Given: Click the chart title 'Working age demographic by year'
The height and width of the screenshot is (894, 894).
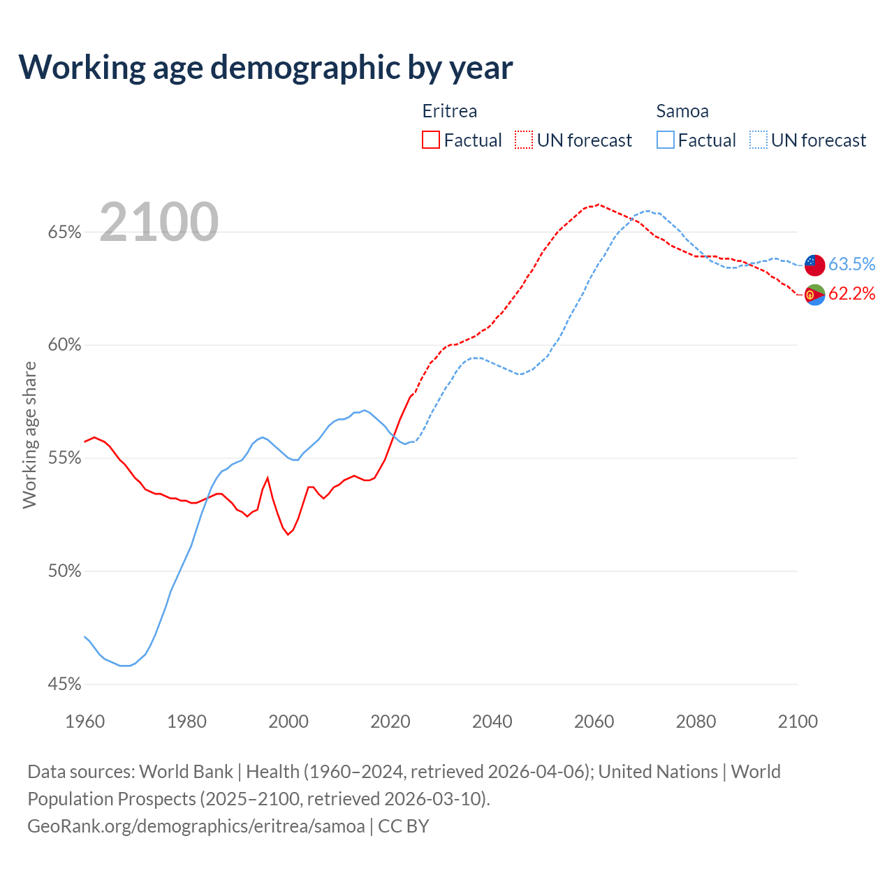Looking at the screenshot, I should click(x=265, y=67).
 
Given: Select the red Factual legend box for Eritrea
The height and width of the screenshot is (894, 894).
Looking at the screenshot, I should click(x=431, y=140).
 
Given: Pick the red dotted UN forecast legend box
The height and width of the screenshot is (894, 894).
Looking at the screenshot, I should click(x=524, y=140).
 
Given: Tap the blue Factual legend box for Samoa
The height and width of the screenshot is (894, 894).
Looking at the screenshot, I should click(x=666, y=140).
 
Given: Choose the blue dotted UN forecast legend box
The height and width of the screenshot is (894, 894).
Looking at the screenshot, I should click(x=759, y=140).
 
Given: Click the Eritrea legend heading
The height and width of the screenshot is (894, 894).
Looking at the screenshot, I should click(x=450, y=111).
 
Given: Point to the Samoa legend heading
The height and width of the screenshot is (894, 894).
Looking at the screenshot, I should click(x=682, y=111).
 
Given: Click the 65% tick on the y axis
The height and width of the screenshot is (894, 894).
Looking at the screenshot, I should click(x=65, y=232).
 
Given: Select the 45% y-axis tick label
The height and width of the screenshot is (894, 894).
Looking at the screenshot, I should click(x=65, y=684).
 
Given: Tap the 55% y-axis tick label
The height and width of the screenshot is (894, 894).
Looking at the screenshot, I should click(x=65, y=458).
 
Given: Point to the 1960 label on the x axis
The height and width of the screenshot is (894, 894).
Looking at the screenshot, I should click(x=85, y=721).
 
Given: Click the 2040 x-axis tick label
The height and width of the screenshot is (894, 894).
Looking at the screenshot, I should click(x=492, y=721).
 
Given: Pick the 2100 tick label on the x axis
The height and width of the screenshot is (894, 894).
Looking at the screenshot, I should click(x=798, y=721).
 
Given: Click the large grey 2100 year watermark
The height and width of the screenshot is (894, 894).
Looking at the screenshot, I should click(x=159, y=222).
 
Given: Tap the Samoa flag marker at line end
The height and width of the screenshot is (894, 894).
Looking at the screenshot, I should click(x=814, y=265).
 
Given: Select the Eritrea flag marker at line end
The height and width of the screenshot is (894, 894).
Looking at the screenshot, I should click(x=814, y=295).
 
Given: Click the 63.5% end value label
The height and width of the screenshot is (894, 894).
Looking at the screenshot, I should click(x=852, y=264).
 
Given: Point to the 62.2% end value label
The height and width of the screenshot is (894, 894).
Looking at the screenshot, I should click(x=852, y=294).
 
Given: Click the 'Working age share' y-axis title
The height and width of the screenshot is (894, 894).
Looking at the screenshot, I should click(x=29, y=434).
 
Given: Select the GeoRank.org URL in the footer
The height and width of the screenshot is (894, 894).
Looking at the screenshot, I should click(x=196, y=826).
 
